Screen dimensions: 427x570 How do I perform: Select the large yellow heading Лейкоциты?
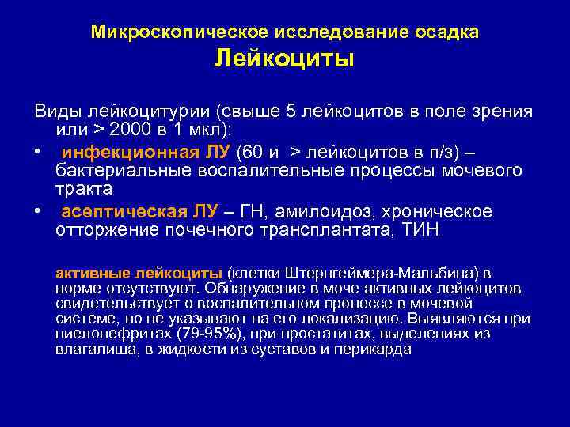coord(284,59)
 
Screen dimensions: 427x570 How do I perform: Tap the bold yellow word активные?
coord(89,273)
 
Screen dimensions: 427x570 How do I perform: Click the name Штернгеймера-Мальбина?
coord(376,273)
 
